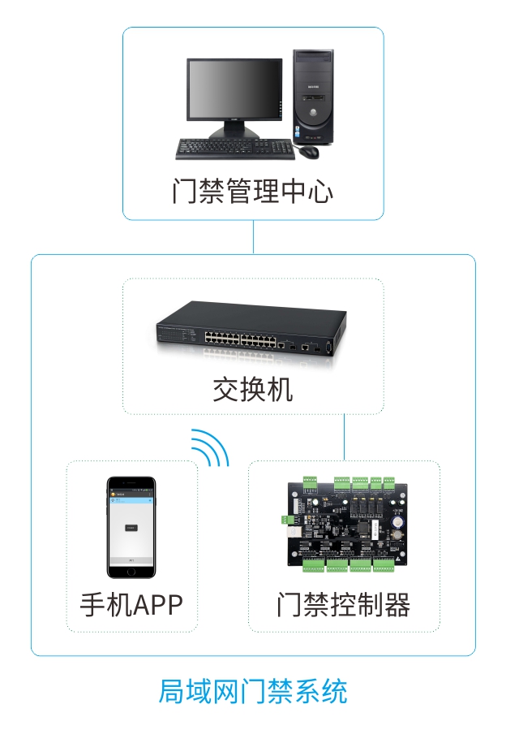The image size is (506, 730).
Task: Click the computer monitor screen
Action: tap(234, 90)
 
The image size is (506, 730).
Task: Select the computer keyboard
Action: tap(235, 149)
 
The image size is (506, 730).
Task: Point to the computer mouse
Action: tap(309, 151)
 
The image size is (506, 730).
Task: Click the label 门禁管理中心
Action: tap(253, 192)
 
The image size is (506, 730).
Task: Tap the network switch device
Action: tap(251, 330)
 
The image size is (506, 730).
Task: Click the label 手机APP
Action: tap(131, 605)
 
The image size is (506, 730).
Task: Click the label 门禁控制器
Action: tap(344, 605)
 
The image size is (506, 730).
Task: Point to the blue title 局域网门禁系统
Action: tap(253, 692)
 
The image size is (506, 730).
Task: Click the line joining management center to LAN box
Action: tap(253, 237)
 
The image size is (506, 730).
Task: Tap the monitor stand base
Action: tap(234, 133)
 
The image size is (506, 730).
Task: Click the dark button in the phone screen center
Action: tap(131, 528)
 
